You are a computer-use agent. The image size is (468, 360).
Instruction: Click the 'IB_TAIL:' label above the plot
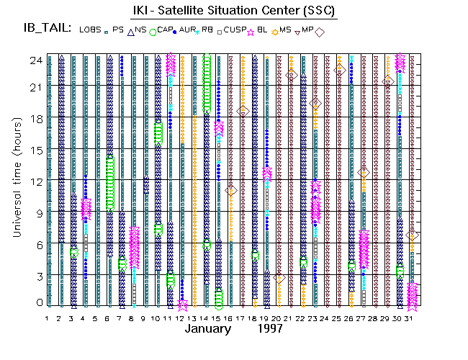tap(48, 28)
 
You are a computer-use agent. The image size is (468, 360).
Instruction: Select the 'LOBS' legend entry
tap(91, 30)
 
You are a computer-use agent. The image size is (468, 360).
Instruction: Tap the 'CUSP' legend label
tap(235, 30)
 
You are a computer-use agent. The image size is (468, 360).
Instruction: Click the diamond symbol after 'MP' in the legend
tap(320, 31)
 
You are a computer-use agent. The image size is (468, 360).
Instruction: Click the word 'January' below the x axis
tap(208, 329)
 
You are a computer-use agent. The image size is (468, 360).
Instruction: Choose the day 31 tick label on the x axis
tap(411, 318)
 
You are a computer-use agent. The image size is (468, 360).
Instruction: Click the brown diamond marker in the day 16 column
tap(231, 190)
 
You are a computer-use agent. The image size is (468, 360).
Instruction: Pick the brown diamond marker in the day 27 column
tap(364, 172)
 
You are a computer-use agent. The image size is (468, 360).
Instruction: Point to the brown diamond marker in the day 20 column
tap(279, 278)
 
